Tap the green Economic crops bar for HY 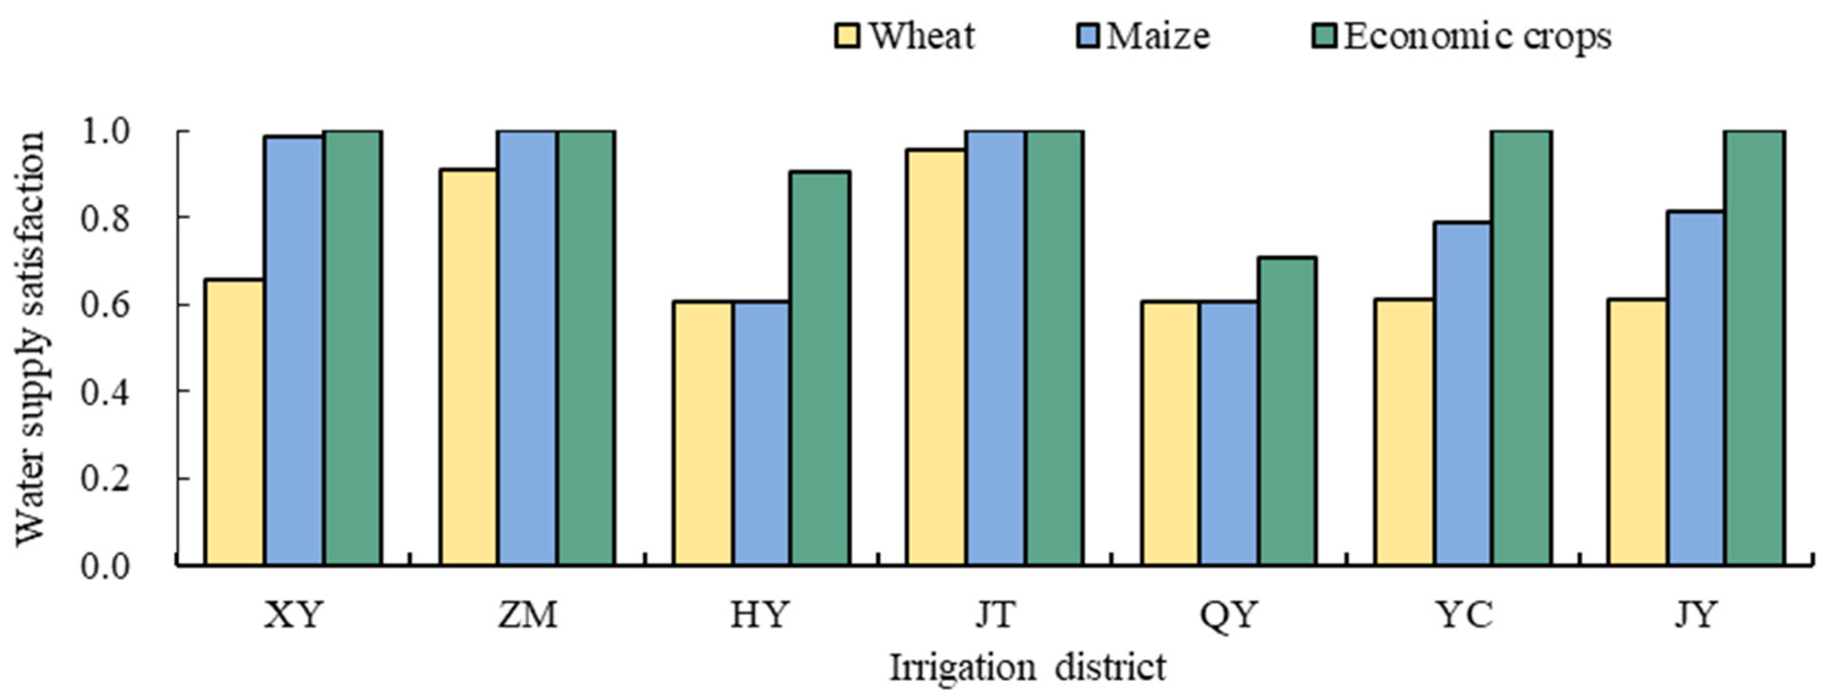pos(820,368)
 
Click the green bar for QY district pos(1287,411)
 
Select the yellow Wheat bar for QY pos(1170,434)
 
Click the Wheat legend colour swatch pos(847,35)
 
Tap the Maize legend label pos(1157,35)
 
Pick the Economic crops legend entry pos(1475,35)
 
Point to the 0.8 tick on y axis pos(106,218)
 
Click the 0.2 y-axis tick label pos(106,480)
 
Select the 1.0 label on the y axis pos(106,132)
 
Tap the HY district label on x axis pos(759,615)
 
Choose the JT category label pos(995,615)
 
